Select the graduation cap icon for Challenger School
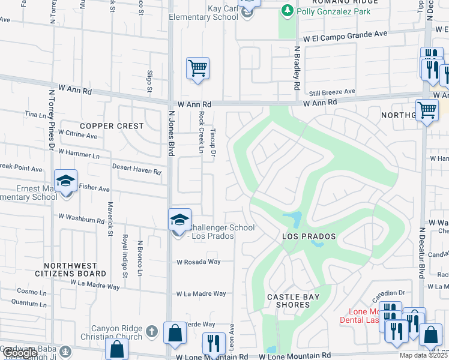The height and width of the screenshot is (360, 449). [179, 220]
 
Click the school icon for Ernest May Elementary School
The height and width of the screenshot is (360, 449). [65, 181]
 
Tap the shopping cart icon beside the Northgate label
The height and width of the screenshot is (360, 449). [427, 110]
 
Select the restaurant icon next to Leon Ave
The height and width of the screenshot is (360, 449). [212, 343]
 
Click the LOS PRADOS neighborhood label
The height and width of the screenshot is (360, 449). [309, 237]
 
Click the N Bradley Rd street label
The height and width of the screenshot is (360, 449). [297, 68]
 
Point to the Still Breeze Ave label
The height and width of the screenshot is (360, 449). [332, 92]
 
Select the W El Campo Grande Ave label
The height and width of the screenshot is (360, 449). [345, 36]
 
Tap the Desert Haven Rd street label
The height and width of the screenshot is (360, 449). [137, 172]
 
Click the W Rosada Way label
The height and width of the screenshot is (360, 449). [199, 262]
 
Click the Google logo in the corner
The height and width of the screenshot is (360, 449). [20, 353]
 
